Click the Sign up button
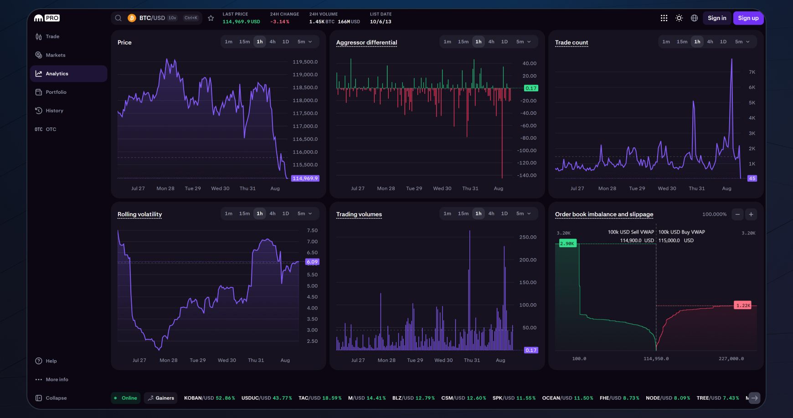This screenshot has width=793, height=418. click(748, 18)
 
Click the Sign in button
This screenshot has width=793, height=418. click(716, 18)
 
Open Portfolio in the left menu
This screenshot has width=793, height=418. click(56, 92)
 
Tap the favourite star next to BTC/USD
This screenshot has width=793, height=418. click(211, 18)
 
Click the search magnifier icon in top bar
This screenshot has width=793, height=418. click(118, 18)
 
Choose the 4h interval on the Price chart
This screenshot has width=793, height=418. click(273, 42)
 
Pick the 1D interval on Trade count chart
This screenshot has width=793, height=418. click(723, 42)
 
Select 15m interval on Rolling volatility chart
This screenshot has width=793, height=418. click(244, 214)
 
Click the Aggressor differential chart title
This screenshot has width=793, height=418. click(366, 42)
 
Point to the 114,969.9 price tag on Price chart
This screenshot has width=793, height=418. click(305, 178)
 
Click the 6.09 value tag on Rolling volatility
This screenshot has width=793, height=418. click(312, 262)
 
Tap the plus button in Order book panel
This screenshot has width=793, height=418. click(751, 214)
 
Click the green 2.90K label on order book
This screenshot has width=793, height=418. click(567, 244)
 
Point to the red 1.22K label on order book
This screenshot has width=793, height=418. click(743, 306)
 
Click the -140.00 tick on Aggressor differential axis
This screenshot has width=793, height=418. click(526, 175)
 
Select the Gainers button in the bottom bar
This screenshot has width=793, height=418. click(161, 398)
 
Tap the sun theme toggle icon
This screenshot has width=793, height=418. click(679, 18)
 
